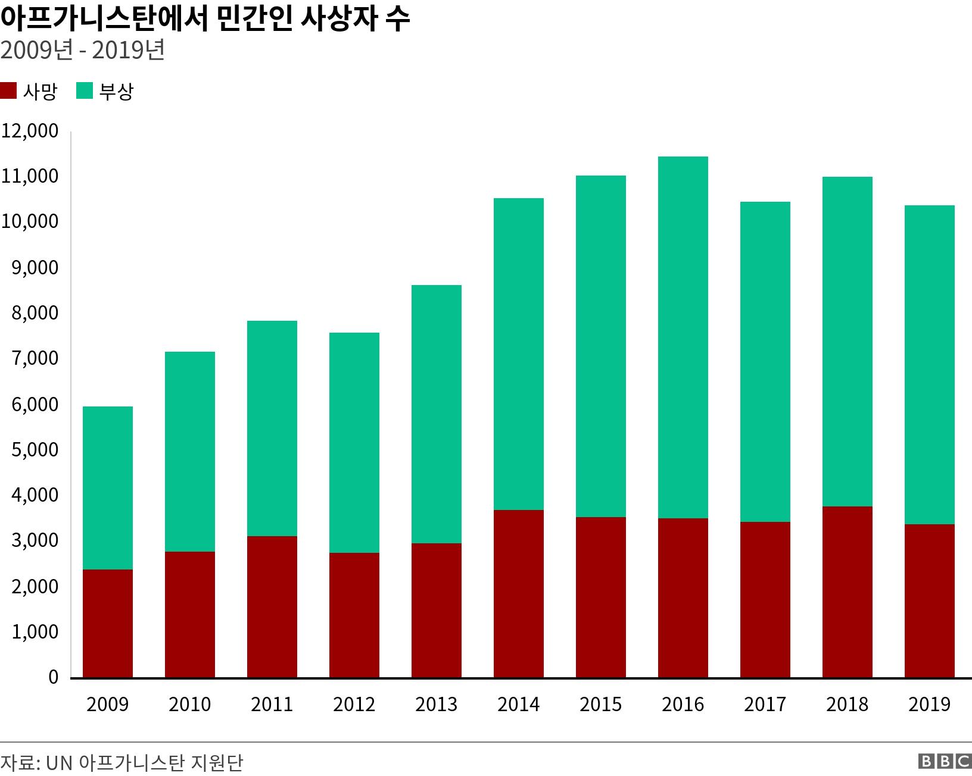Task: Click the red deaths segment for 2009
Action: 107,624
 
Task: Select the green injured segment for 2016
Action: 683,337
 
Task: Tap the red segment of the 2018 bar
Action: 847,592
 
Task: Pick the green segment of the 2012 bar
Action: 354,443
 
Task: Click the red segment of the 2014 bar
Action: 518,594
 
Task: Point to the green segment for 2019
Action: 929,365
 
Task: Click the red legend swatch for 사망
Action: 8,91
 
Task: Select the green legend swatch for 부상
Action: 84,91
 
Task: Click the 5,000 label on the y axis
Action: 35,450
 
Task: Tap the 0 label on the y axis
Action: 53,677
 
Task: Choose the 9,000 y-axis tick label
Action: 35,268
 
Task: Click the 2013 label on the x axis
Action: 436,705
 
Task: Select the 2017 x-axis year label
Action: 765,705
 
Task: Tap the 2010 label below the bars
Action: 189,705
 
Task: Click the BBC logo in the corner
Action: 945,762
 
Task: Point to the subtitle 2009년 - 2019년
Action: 82,51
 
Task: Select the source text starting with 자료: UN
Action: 121,762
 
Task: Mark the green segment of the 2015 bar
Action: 600,346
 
